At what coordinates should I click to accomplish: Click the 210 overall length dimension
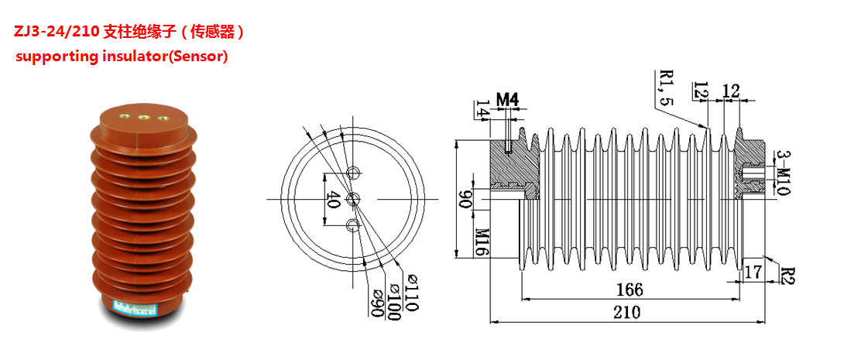626,312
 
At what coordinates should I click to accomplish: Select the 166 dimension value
630,290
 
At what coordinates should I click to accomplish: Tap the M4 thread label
506,99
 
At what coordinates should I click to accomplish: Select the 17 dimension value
753,272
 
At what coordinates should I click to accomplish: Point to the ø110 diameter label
409,293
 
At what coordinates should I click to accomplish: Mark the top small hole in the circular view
354,172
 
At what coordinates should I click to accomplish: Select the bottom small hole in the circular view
354,226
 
